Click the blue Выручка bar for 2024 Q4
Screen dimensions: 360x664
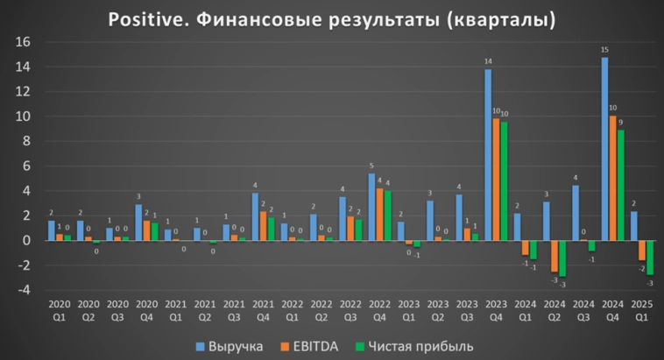click(604, 149)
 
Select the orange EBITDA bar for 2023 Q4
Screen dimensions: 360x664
click(497, 179)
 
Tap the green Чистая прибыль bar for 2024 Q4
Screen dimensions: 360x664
click(621, 185)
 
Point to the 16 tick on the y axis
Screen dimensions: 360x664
click(24, 42)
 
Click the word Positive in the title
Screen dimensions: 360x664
click(141, 18)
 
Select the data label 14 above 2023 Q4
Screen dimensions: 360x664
click(488, 62)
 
